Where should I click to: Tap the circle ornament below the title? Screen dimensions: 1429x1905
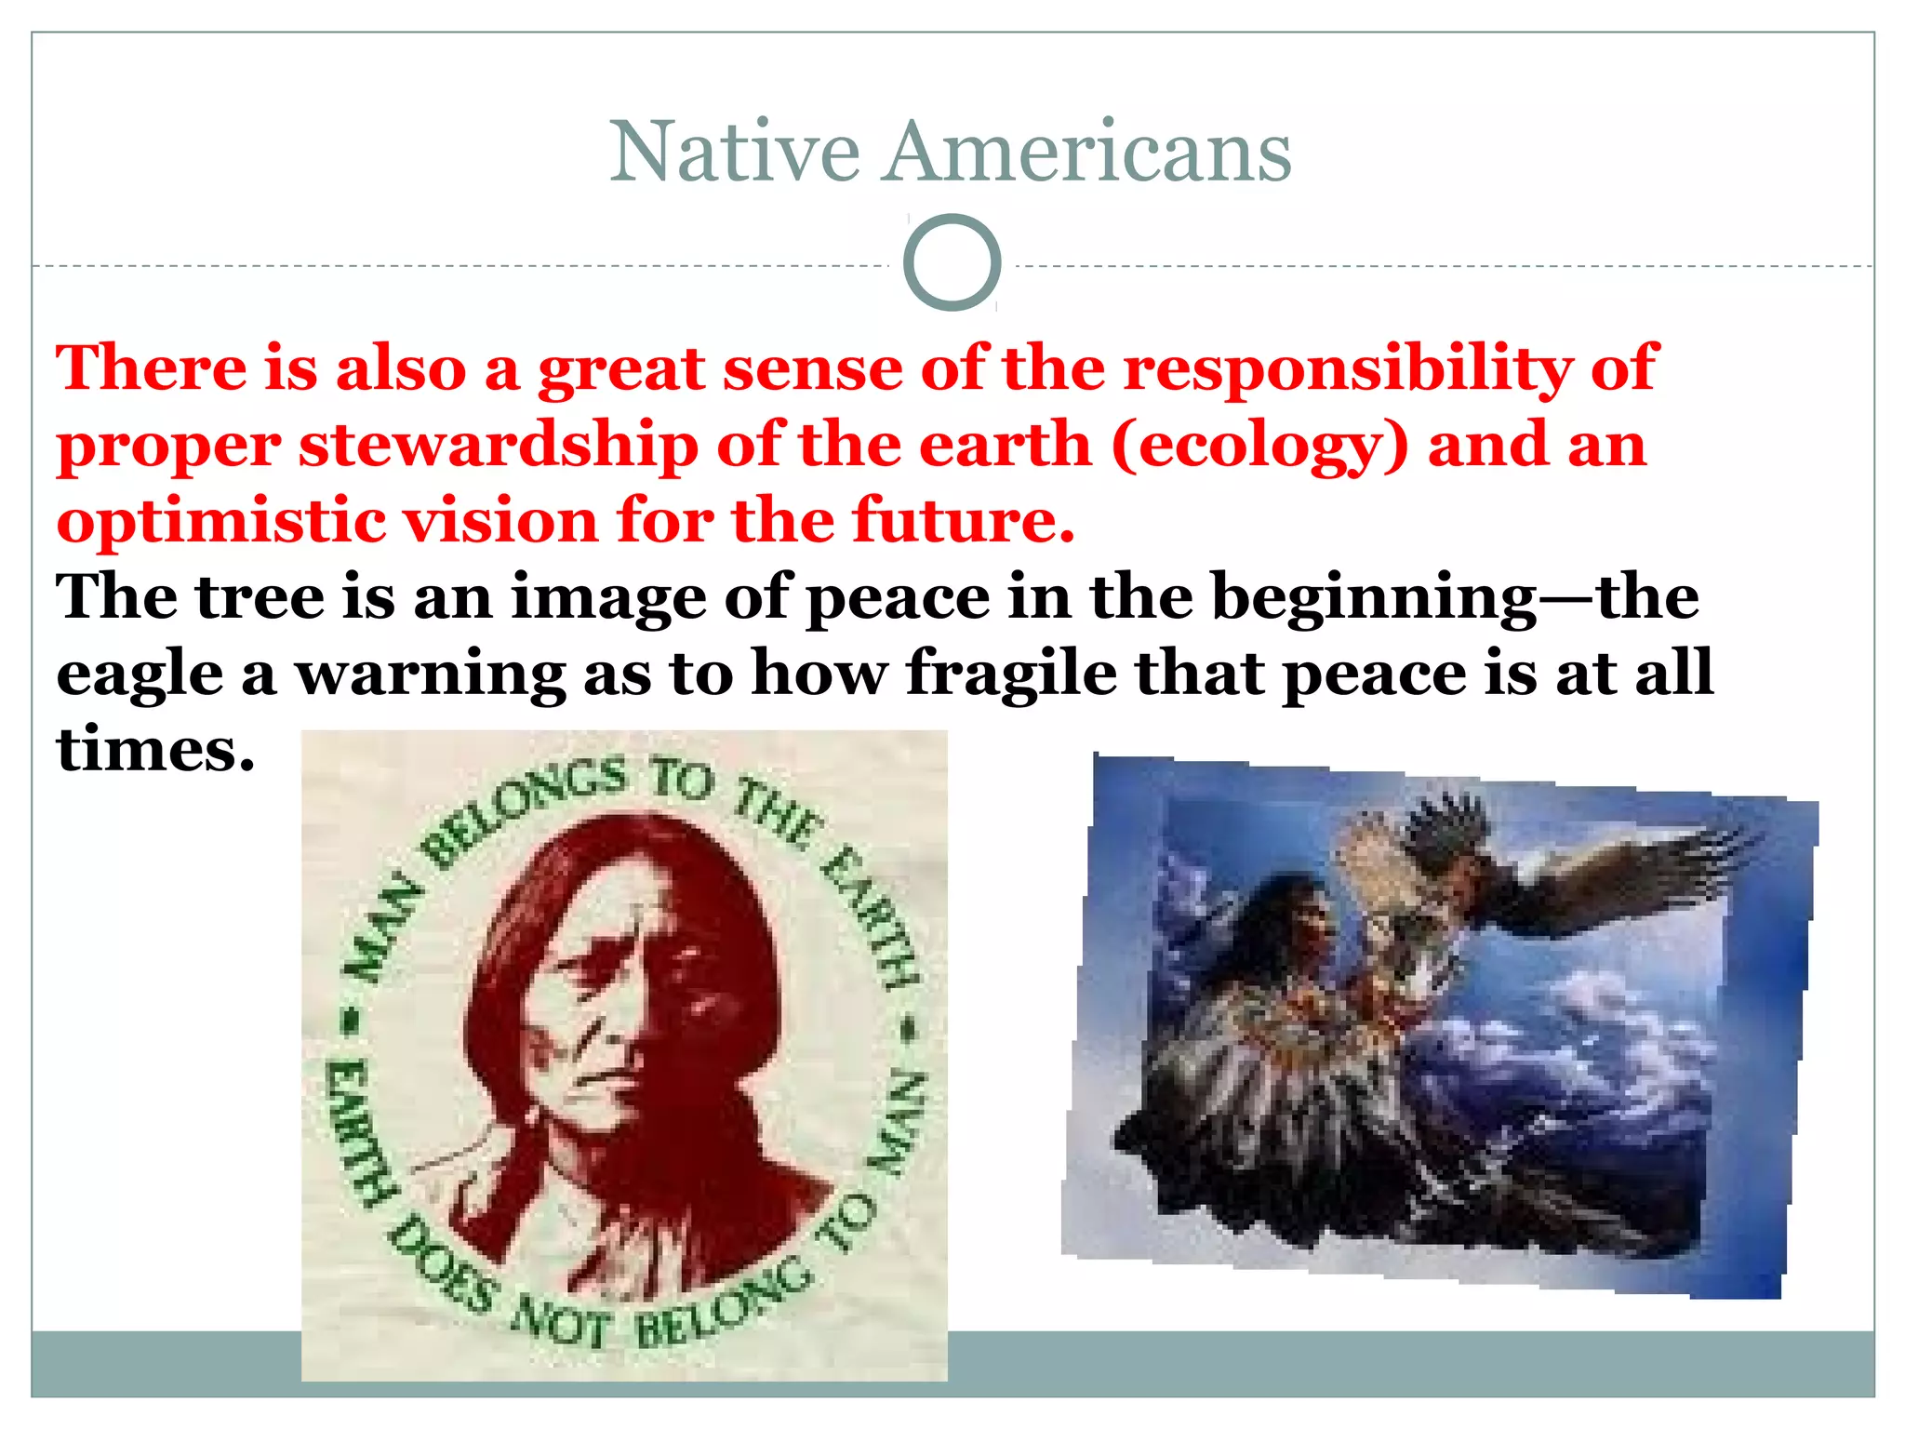(952, 262)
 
